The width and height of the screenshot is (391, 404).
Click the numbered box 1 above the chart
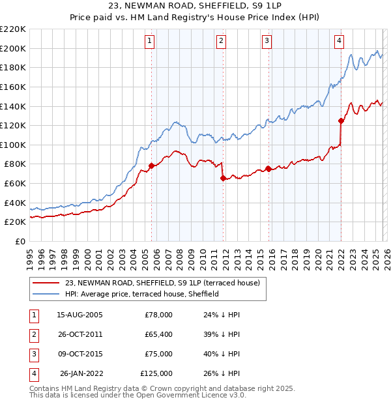[x=150, y=41]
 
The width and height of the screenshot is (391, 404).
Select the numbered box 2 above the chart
[x=222, y=41]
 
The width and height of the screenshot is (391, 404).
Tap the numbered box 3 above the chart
[x=267, y=41]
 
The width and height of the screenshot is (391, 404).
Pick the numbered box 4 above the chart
[x=339, y=41]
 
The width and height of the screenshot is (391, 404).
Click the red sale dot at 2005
[x=151, y=166]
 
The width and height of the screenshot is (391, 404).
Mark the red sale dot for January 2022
[x=341, y=121]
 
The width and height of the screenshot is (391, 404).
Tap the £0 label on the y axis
[x=20, y=241]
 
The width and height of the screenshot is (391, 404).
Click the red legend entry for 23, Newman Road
[x=163, y=283]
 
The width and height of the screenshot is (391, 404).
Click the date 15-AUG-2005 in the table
[x=80, y=315]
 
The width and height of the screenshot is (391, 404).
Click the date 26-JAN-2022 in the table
[x=82, y=373]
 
